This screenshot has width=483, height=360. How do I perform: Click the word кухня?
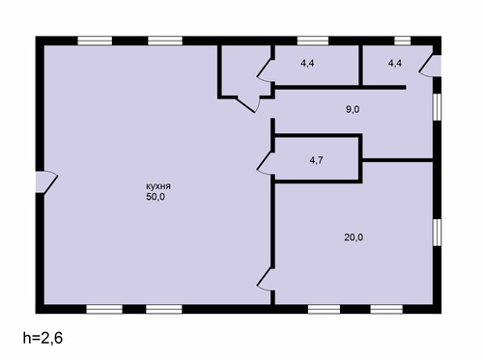[x=158, y=186]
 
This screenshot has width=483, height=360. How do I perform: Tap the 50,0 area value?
[x=156, y=197]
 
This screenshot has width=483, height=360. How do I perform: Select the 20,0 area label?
[x=354, y=237]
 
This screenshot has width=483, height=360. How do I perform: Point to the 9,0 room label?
[x=353, y=110]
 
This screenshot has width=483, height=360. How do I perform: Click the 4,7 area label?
[x=316, y=160]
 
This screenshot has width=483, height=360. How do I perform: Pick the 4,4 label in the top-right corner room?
[x=395, y=64]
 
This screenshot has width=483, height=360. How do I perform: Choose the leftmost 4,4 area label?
[x=307, y=64]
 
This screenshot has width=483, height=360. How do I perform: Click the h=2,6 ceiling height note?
[x=43, y=338]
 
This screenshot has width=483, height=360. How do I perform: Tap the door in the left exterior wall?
[x=46, y=181]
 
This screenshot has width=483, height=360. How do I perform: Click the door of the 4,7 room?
[x=266, y=163]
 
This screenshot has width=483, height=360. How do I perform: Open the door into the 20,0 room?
[x=266, y=280]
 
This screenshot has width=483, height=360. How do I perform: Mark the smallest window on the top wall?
[x=403, y=41]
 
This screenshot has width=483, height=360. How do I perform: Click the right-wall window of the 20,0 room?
[x=437, y=233]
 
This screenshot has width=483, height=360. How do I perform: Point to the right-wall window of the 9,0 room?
[x=437, y=107]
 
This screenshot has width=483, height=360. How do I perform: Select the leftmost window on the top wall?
[x=95, y=41]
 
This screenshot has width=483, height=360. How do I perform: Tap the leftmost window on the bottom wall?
[x=104, y=309]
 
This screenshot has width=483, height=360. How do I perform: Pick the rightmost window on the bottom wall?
[x=386, y=309]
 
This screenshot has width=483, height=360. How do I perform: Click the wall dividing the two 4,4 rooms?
[x=361, y=66]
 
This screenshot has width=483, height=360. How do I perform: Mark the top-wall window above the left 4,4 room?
[x=313, y=41]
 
